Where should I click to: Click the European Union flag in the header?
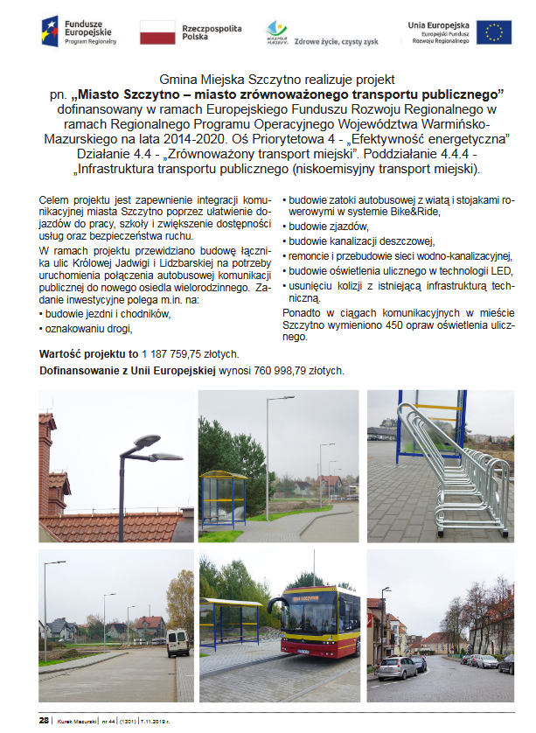[x=495, y=32]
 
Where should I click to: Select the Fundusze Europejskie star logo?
[x=50, y=32]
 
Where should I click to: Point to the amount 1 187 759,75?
[x=180, y=354]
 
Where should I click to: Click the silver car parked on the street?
[x=398, y=667]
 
